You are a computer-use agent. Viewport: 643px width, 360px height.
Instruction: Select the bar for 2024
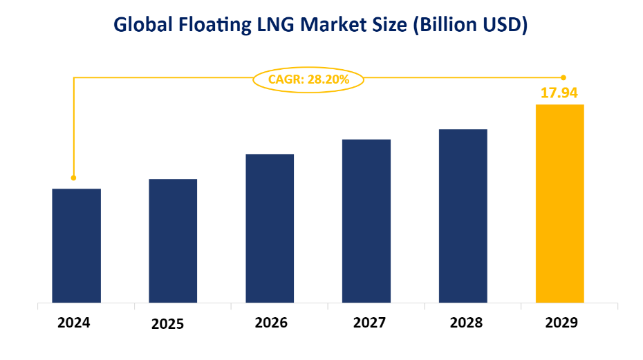(76, 245)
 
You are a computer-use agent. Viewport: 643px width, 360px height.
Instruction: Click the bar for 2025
(173, 240)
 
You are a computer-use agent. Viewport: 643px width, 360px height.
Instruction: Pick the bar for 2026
(270, 228)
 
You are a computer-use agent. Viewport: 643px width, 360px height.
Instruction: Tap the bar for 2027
(366, 220)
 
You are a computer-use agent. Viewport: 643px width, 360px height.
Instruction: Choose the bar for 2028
(463, 216)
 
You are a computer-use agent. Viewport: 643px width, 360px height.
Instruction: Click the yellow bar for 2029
(560, 203)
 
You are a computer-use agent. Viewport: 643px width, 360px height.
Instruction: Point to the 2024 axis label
(74, 322)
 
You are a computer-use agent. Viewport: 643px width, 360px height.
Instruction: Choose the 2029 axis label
(561, 322)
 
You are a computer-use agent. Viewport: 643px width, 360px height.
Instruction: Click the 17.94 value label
(559, 93)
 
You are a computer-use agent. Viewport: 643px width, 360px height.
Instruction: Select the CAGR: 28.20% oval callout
(308, 79)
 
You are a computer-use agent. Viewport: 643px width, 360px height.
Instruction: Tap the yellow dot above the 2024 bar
(74, 178)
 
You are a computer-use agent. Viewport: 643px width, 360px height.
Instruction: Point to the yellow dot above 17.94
(563, 77)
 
